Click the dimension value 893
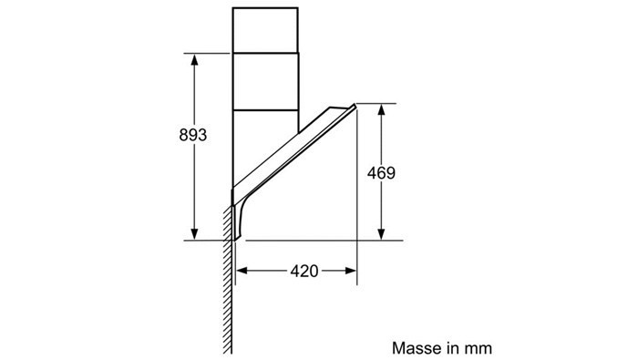(193, 135)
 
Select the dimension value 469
(381, 173)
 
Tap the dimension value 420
(304, 271)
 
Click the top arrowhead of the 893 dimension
(194, 60)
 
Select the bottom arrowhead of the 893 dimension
(194, 234)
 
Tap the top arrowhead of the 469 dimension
(381, 110)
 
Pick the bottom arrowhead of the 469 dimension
(381, 234)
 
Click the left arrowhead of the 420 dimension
(242, 271)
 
